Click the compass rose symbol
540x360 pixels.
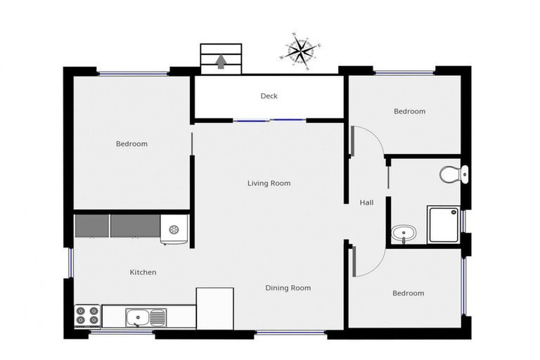click(x=300, y=51)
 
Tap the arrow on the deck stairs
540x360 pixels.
click(x=221, y=63)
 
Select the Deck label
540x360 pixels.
click(x=269, y=96)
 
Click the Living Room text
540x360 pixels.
click(x=269, y=184)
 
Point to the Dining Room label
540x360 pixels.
click(x=288, y=288)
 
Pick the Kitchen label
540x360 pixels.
click(x=143, y=272)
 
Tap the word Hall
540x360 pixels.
click(x=366, y=202)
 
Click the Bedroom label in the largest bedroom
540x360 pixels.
click(x=131, y=144)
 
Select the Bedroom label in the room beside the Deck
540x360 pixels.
click(x=409, y=111)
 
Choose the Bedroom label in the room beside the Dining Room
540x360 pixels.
click(x=409, y=293)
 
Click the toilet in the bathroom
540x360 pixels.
click(x=450, y=173)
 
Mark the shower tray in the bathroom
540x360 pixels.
click(x=444, y=224)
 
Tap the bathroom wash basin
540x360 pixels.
click(x=402, y=233)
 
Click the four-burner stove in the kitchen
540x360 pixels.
click(x=87, y=315)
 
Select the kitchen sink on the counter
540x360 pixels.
click(x=146, y=318)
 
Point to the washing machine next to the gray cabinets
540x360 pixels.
click(x=174, y=229)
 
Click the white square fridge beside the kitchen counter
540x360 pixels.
click(x=214, y=307)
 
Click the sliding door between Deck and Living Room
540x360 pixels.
click(x=270, y=121)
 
